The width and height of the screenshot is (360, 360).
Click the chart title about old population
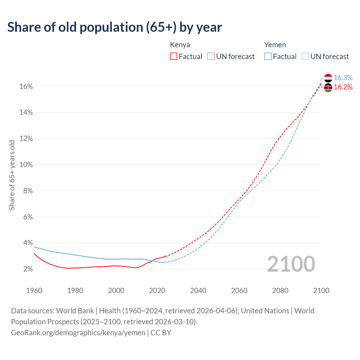[x=114, y=27]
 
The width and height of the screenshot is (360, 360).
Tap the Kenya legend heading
[x=180, y=45]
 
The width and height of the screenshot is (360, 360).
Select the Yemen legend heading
[x=275, y=45]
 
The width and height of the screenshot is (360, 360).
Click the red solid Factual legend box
[x=174, y=57]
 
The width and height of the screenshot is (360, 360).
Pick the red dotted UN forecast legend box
[x=211, y=57]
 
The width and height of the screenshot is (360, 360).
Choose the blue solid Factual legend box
[x=268, y=57]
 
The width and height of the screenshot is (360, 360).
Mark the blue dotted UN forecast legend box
[x=305, y=57]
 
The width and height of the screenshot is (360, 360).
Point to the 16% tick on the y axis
[x=26, y=87]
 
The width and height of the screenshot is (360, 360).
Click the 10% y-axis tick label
[x=26, y=165]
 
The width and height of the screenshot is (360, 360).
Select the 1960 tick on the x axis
[x=34, y=291]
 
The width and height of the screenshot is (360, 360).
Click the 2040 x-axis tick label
[x=198, y=291]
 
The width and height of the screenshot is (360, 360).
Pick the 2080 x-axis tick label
[x=280, y=291]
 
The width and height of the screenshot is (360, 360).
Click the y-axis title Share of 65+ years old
[x=12, y=175]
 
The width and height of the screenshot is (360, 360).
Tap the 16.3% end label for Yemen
[x=343, y=78]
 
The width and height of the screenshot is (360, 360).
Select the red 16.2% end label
[x=343, y=87]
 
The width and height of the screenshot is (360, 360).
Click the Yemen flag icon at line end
[x=328, y=78]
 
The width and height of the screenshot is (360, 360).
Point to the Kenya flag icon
[x=328, y=87]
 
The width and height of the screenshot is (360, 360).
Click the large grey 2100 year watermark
[x=291, y=264]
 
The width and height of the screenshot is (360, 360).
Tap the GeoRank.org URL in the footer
[x=78, y=333]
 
